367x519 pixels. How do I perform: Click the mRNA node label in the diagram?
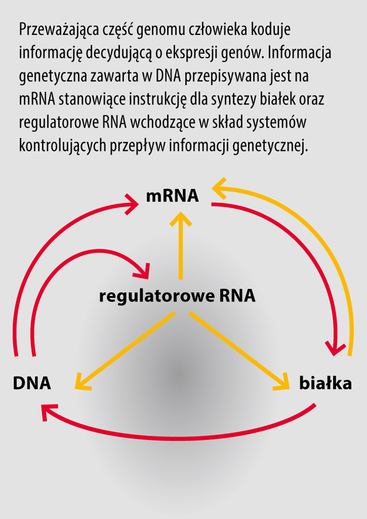172,196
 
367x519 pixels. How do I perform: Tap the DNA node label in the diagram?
32,383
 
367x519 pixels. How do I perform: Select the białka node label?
325,383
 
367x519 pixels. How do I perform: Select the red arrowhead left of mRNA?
133,204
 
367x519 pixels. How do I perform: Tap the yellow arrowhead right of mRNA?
219,188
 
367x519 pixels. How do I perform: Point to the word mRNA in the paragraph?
37,99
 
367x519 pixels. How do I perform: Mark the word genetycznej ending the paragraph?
270,146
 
